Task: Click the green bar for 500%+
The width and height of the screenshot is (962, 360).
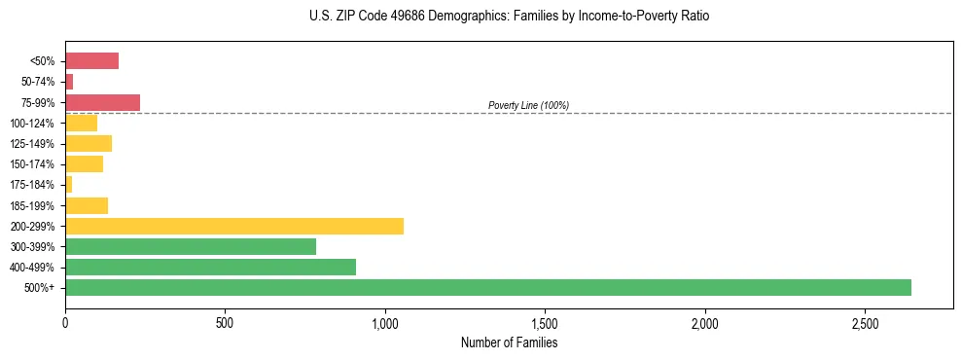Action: pyautogui.click(x=487, y=287)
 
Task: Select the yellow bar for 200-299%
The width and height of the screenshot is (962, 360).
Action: pyautogui.click(x=233, y=226)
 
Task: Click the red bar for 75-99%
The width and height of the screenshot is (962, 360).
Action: pyautogui.click(x=102, y=102)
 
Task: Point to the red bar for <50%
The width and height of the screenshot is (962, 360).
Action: pyautogui.click(x=91, y=61)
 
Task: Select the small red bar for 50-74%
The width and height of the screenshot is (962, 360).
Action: pyautogui.click(x=69, y=82)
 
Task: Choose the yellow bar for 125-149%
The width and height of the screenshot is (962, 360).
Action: pyautogui.click(x=89, y=143)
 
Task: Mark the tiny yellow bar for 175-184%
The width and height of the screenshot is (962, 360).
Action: pyautogui.click(x=69, y=184)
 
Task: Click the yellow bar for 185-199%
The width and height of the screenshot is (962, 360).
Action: pyautogui.click(x=87, y=205)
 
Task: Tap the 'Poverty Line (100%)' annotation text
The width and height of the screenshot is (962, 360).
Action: pyautogui.click(x=528, y=105)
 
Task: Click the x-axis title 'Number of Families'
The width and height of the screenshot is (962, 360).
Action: pyautogui.click(x=509, y=342)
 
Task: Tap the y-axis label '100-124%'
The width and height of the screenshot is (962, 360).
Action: pyautogui.click(x=32, y=123)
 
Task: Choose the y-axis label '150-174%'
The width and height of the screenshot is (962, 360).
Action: pyautogui.click(x=32, y=164)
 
